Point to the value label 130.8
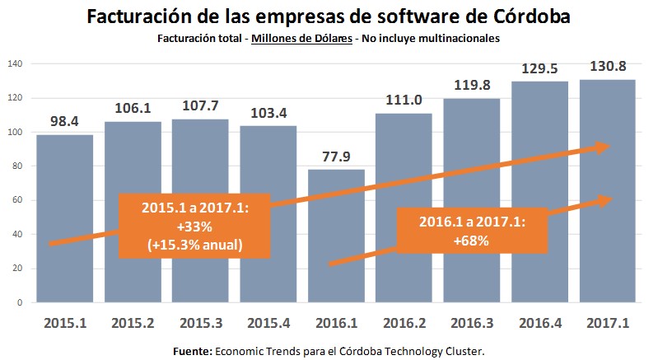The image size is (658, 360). pyautogui.click(x=607, y=66)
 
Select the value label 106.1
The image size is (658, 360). pyautogui.click(x=133, y=109)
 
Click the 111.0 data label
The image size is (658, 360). pyautogui.click(x=404, y=101)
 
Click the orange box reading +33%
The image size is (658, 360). pyautogui.click(x=194, y=225)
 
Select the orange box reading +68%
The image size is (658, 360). pyautogui.click(x=471, y=230)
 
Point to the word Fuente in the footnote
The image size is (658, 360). pyautogui.click(x=194, y=351)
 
